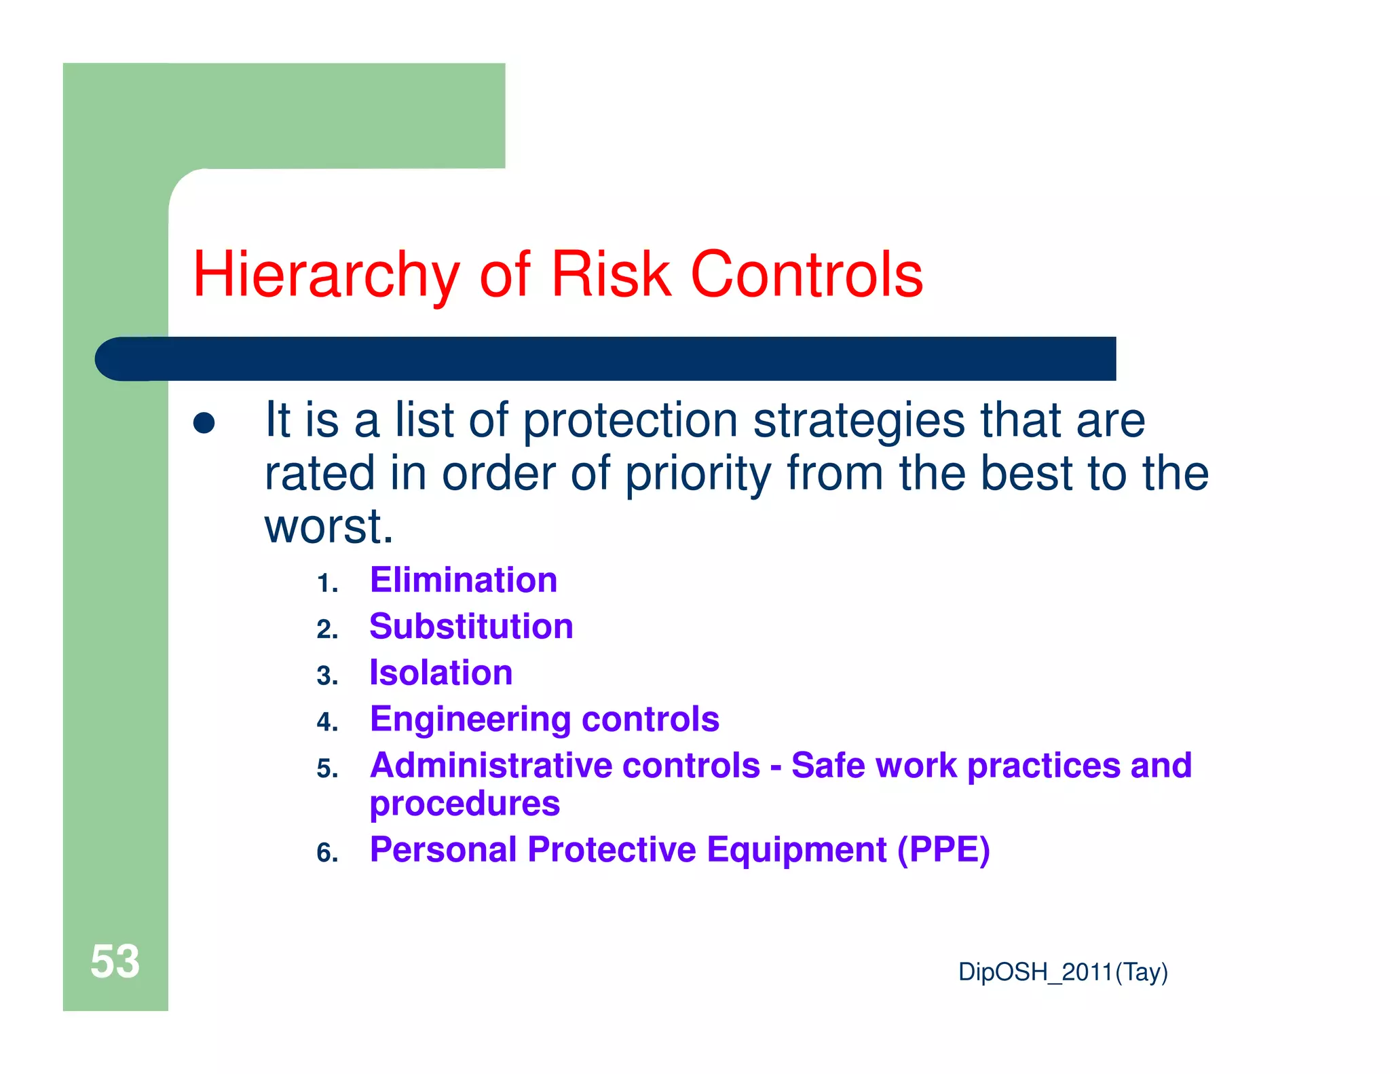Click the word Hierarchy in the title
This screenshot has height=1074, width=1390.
(x=326, y=275)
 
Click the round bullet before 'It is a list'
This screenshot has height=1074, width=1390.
(x=204, y=423)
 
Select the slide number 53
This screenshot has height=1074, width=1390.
(x=115, y=961)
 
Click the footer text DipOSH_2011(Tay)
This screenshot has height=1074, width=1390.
(x=1062, y=972)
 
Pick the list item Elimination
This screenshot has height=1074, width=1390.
(x=464, y=580)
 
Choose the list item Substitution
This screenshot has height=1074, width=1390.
(x=471, y=626)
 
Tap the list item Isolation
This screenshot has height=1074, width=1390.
(x=441, y=673)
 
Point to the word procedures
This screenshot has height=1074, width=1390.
(x=465, y=804)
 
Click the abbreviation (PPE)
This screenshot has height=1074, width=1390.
(x=943, y=850)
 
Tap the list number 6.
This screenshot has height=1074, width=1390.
(x=327, y=853)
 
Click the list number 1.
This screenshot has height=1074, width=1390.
(x=327, y=583)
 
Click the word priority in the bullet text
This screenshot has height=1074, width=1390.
(x=698, y=474)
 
